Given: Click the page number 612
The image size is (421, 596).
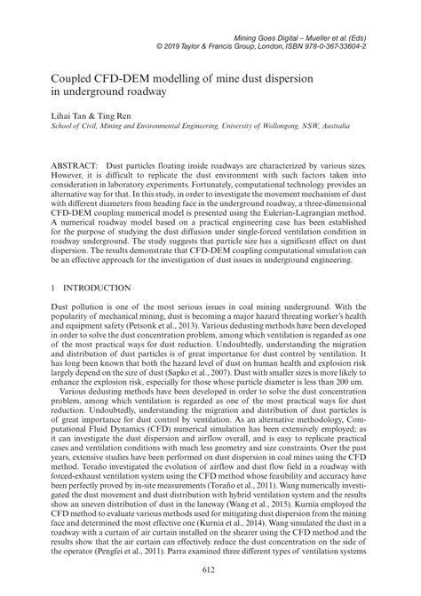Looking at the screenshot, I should [210, 569].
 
